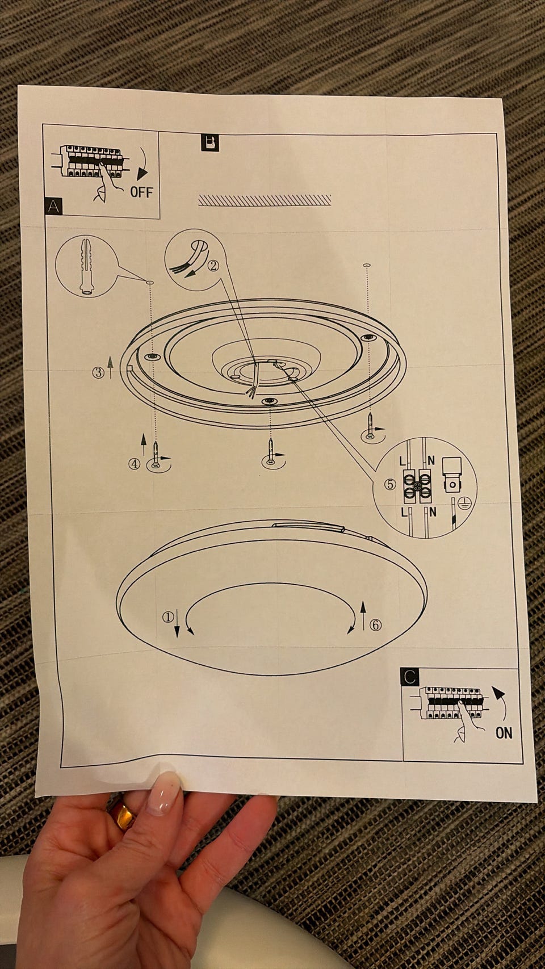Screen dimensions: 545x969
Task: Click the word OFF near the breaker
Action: pos(141,192)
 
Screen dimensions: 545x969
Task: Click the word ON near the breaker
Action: pos(504,733)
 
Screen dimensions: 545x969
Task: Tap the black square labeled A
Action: pos(53,206)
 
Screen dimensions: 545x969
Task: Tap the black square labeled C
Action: pos(409,677)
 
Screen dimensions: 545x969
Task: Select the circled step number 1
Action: pos(167,617)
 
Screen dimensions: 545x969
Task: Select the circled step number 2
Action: pos(213,266)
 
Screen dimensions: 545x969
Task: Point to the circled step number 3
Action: pos(98,372)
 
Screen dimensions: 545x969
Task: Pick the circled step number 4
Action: pos(134,464)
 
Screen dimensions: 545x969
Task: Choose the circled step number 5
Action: pos(390,485)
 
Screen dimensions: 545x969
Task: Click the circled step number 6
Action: pos(375,624)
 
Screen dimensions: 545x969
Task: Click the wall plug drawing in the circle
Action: pos(86,266)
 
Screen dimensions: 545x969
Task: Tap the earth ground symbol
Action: pos(464,504)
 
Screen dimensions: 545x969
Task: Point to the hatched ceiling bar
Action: pos(265,200)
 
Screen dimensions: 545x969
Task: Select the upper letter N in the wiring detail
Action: pos(431,461)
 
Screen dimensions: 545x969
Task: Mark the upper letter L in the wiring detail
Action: pos(403,462)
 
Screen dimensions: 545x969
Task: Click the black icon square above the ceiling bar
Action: pos(210,142)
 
